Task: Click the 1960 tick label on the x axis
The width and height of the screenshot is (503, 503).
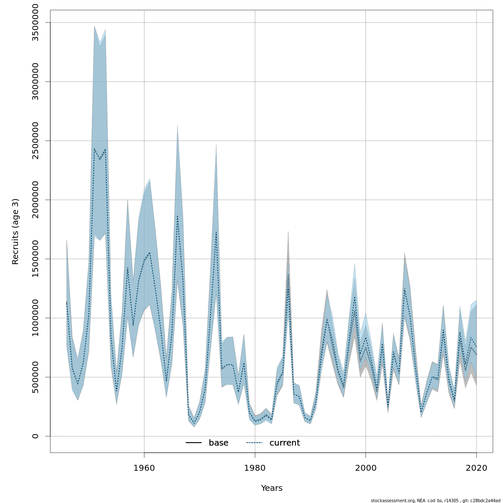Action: (x=144, y=467)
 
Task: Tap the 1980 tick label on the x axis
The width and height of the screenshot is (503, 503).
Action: (x=255, y=467)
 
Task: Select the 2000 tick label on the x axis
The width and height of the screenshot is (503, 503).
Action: (x=366, y=467)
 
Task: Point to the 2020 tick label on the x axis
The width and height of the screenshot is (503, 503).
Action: (x=477, y=467)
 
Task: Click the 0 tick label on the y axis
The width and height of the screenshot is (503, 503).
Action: (x=36, y=436)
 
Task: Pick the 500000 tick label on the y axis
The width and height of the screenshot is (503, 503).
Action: (x=36, y=377)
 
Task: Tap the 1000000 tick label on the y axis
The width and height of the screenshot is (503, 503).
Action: (x=36, y=318)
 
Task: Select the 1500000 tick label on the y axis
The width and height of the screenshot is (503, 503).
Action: (x=36, y=259)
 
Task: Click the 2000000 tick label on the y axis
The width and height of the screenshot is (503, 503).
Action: (x=36, y=200)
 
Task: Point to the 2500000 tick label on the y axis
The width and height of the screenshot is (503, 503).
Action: (x=36, y=140)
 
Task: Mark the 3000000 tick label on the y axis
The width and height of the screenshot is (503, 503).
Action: (x=36, y=81)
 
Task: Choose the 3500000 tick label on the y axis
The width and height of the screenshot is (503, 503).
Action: (x=36, y=22)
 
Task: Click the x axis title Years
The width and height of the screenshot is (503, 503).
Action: (x=272, y=488)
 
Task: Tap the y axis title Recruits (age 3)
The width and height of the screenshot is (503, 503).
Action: (x=16, y=231)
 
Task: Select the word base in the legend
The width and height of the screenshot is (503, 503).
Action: (x=218, y=443)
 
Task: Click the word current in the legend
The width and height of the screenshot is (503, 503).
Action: (x=285, y=443)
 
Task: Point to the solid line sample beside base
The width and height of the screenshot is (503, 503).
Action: (x=194, y=443)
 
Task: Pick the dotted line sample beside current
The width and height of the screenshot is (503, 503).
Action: (x=254, y=443)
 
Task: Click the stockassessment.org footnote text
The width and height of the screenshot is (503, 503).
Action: (x=436, y=500)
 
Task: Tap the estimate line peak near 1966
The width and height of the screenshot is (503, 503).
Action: (x=177, y=216)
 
